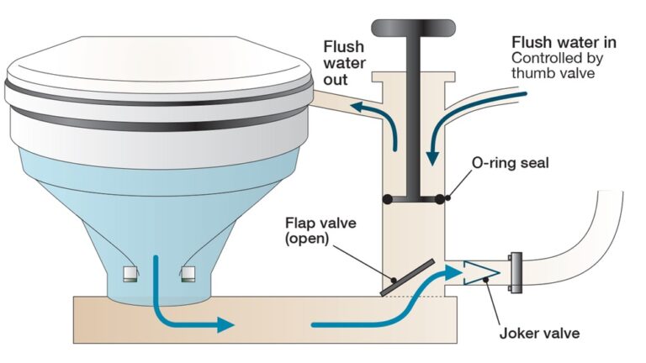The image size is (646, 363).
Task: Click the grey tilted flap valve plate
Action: click(406, 276)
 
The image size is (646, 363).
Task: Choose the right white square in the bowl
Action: click(189, 273)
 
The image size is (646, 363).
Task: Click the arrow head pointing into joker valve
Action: click(453, 271)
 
